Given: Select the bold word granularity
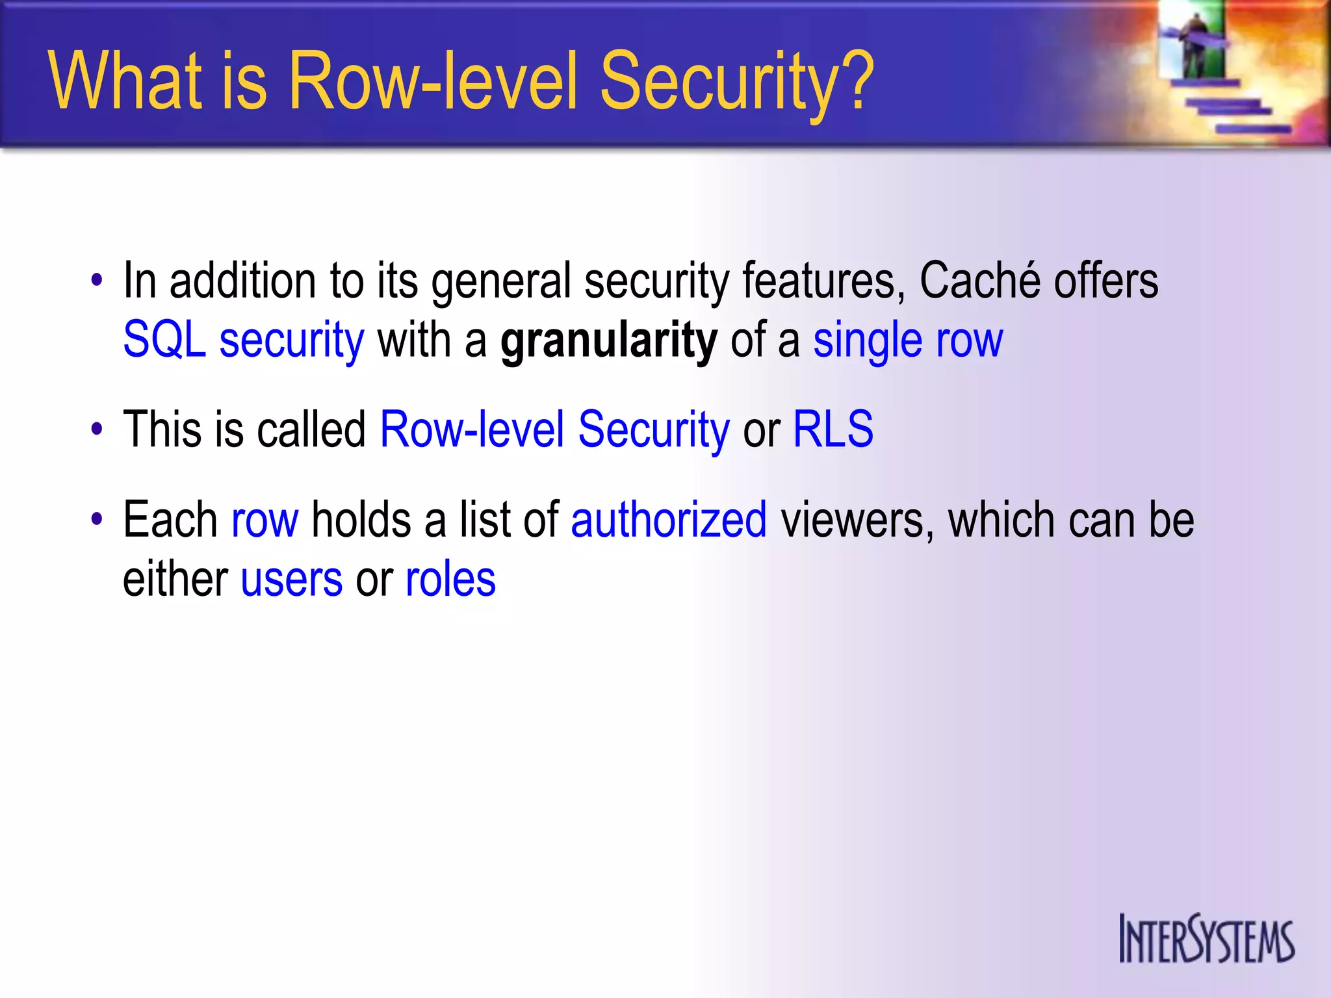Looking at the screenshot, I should [x=609, y=340].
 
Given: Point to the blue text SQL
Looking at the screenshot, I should [x=164, y=339].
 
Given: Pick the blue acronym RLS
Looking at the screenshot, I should [x=833, y=429].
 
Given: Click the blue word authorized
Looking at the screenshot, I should [x=669, y=520].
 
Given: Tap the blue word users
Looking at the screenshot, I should [x=291, y=579].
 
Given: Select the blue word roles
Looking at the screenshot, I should [x=450, y=579].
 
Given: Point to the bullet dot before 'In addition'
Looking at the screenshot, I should [x=97, y=281].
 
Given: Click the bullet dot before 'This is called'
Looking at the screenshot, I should [x=97, y=429].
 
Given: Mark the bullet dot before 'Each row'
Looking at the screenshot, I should [x=97, y=520].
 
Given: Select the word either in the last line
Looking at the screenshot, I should [x=175, y=579].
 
